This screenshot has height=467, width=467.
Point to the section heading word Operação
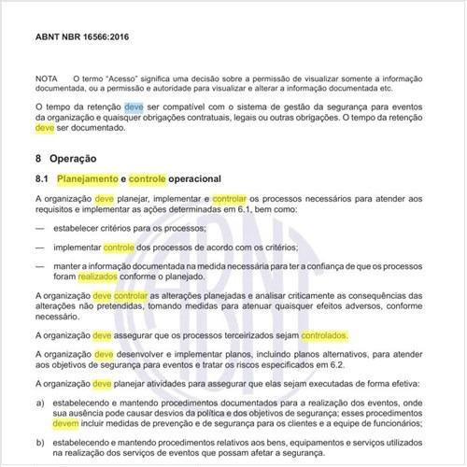pyautogui.click(x=75, y=160)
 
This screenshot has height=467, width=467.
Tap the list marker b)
pyautogui.click(x=39, y=442)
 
